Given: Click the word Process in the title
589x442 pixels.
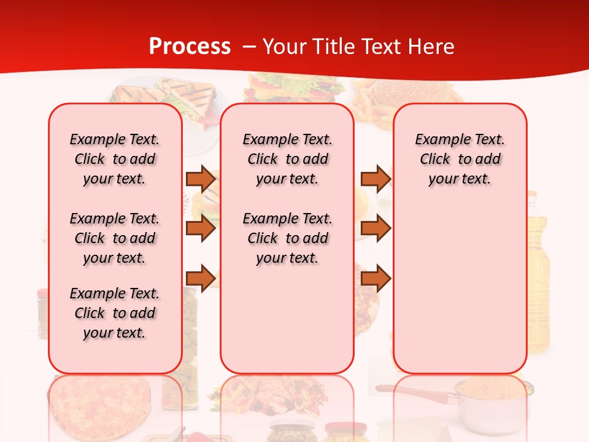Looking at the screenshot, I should tap(190, 46).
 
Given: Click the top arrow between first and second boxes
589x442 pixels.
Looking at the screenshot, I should tap(201, 179).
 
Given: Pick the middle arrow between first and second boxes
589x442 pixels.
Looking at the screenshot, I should tap(201, 228).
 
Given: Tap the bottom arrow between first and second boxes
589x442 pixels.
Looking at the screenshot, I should tap(201, 278).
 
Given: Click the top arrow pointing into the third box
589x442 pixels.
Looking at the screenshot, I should tap(375, 179).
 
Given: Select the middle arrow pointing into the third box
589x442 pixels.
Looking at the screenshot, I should tap(375, 228).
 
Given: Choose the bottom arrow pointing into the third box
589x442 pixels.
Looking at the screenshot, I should tap(375, 278).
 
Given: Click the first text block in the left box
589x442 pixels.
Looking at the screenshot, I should tap(115, 159).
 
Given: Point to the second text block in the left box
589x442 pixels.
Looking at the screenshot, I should tap(115, 238).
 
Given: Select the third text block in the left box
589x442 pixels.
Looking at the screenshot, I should tap(115, 313).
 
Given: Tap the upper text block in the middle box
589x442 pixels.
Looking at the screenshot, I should tap(287, 159).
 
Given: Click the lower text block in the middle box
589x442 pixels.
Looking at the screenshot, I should tap(287, 238).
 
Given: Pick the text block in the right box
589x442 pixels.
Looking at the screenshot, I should tap(460, 159).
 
